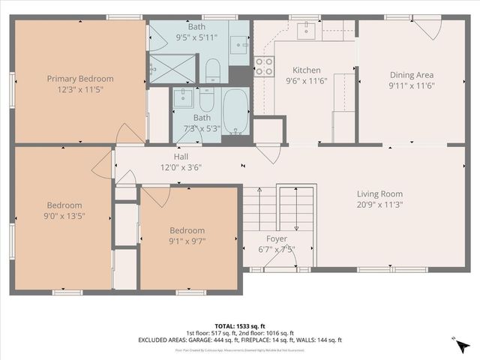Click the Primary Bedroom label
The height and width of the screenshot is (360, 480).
point(80,79)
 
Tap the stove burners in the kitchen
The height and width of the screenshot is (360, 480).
point(263,66)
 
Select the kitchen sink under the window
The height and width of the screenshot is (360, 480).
point(306,31)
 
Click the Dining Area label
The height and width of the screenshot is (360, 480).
point(412,74)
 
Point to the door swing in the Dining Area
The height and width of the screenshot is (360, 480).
point(427,29)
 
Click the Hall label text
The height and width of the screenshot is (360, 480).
point(181,156)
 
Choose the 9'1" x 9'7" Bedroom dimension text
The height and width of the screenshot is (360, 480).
point(187,241)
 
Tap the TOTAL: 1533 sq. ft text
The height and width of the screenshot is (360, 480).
point(240,325)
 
